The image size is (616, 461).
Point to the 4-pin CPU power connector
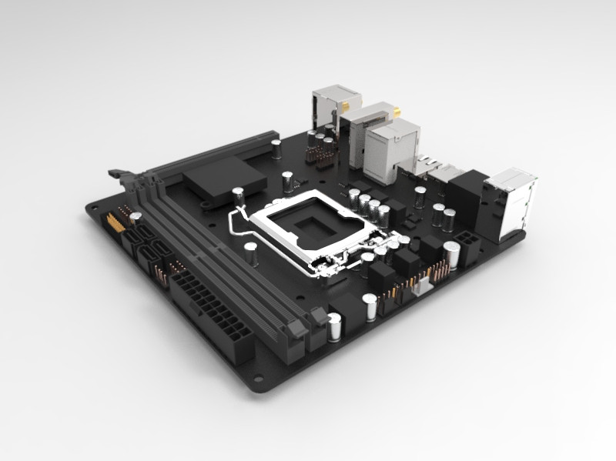click(467, 238)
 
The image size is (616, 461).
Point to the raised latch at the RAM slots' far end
click(119, 177)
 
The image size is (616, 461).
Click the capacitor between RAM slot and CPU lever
click(251, 254)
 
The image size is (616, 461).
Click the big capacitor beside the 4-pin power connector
click(452, 255)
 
